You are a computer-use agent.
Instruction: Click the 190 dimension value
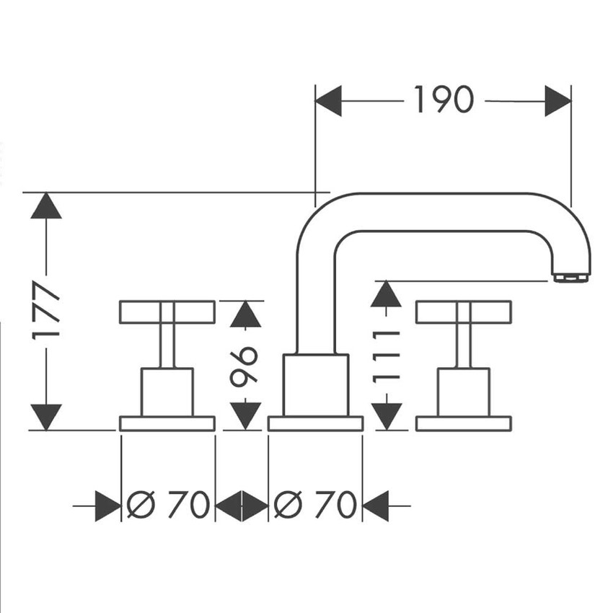444,100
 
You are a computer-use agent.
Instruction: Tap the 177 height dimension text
47,311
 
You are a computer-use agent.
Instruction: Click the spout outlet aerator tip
570,275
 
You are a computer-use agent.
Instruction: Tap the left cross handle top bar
167,312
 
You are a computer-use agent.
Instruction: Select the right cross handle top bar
464,312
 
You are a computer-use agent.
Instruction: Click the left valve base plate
167,423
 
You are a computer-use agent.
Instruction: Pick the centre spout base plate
315,423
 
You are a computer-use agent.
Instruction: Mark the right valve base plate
464,423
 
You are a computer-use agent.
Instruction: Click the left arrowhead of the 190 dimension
329,100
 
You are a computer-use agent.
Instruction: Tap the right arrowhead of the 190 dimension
557,100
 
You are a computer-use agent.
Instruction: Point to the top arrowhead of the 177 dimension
47,206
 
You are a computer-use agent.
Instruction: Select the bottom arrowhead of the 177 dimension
47,417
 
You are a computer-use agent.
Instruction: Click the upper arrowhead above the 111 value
388,294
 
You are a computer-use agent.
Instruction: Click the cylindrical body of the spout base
315,385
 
